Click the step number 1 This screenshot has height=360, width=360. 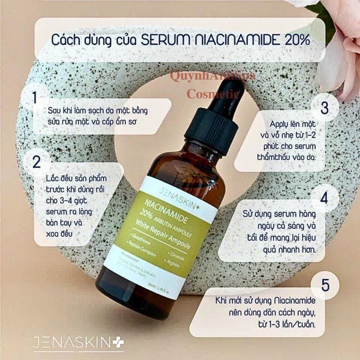pyautogui.click(x=35, y=98)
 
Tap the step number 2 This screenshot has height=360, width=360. pyautogui.click(x=37, y=162)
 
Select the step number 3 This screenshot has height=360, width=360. pyautogui.click(x=325, y=108)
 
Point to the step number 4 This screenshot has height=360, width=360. pyautogui.click(x=324, y=198)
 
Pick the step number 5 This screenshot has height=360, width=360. pyautogui.click(x=325, y=285)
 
